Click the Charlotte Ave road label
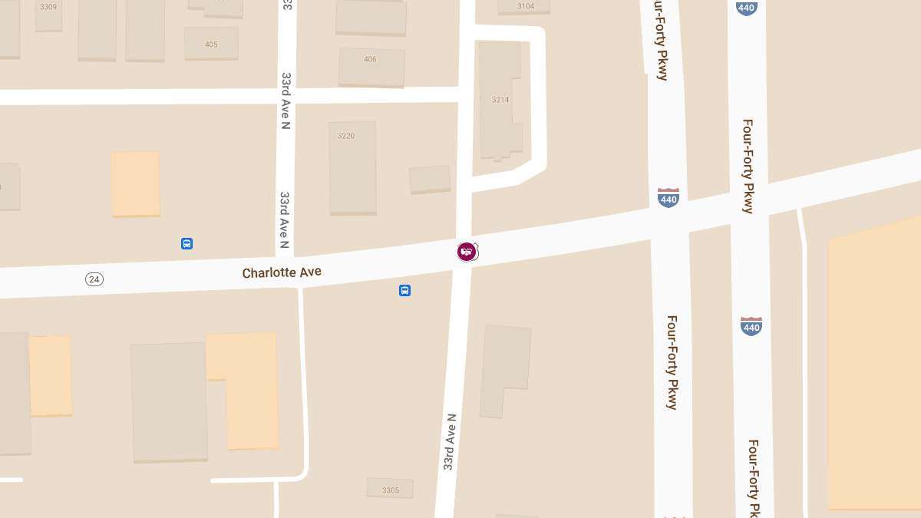coord(282,272)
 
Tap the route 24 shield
coord(94,279)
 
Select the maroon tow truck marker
coord(466,251)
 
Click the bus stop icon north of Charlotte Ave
coord(187,243)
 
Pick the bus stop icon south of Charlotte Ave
coord(404,290)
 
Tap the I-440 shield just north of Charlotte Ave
coord(668,198)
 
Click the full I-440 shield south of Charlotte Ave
coord(751,326)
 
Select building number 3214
coord(500,100)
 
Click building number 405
coord(211,45)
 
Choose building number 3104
coord(525,6)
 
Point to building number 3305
coord(390,490)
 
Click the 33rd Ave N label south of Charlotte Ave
coord(450,442)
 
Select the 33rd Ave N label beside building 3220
coord(284,220)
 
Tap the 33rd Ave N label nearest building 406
coord(286,101)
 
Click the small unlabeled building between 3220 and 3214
coord(430,179)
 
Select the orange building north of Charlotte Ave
coord(135,183)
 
